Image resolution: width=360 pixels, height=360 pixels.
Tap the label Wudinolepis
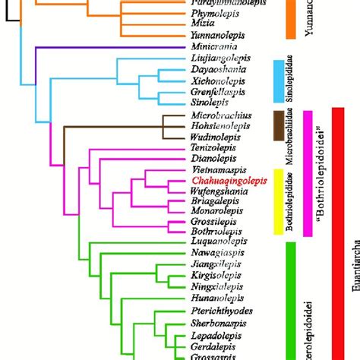click(x=214, y=137)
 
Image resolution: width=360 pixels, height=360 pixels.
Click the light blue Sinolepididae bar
click(x=277, y=80)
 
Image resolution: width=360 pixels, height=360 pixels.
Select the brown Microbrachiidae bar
click(x=277, y=126)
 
